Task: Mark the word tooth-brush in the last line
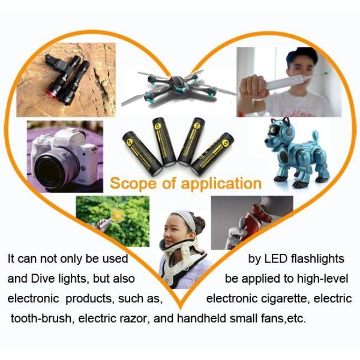40,318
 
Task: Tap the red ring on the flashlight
52,92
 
